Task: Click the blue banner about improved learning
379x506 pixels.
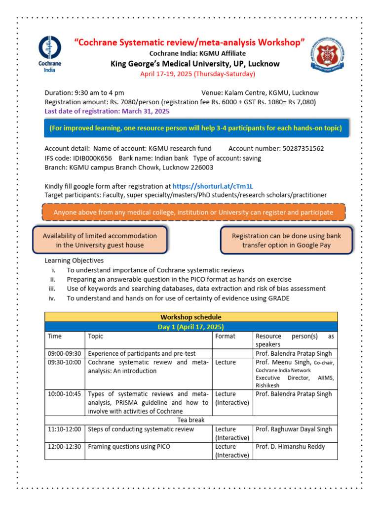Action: click(x=195, y=128)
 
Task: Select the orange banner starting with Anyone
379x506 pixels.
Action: click(x=193, y=212)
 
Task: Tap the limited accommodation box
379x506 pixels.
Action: click(x=100, y=240)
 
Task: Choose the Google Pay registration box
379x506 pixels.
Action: click(x=286, y=240)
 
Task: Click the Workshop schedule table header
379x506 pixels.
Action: click(x=191, y=317)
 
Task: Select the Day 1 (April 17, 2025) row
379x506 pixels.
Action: click(x=191, y=327)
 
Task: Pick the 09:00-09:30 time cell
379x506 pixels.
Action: click(x=64, y=353)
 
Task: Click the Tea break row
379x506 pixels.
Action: click(x=191, y=420)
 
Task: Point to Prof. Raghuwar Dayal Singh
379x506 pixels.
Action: click(x=294, y=429)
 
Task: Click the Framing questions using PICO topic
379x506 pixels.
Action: click(x=129, y=446)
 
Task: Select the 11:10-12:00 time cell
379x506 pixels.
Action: click(x=64, y=429)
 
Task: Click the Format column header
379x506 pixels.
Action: click(x=226, y=336)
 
